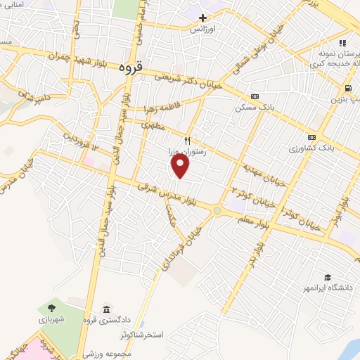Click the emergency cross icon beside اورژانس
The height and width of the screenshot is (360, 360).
tap(203, 18)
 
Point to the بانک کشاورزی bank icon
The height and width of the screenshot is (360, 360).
tap(311, 137)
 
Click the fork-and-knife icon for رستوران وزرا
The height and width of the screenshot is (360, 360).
tap(187, 141)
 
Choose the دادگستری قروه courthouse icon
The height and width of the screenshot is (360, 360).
tap(105, 310)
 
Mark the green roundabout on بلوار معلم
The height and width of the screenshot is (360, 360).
tap(217, 211)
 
